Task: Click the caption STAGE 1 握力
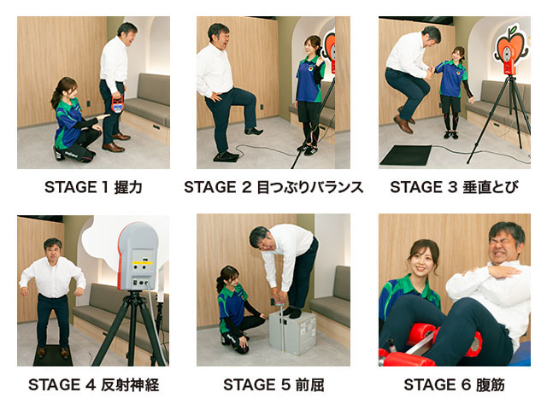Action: coord(93,187)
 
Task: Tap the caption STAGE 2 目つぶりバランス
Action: coord(273,187)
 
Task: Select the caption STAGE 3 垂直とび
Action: coord(454,187)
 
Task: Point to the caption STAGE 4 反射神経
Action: coord(93,385)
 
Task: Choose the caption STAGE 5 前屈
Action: coord(273,385)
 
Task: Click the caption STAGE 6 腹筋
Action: coord(454,385)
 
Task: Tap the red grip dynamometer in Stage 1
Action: coord(118,104)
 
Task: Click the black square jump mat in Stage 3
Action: coord(406,155)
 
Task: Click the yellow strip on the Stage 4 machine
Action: coord(143,262)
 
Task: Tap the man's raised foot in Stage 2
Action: coord(254,131)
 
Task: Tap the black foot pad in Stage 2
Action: coord(226,157)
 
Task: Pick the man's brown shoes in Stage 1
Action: coord(116,143)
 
